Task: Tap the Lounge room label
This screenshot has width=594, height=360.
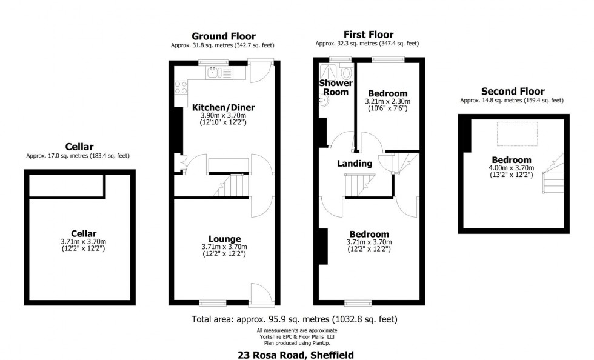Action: pyautogui.click(x=224, y=239)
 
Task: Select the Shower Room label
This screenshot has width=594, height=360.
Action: pyautogui.click(x=334, y=87)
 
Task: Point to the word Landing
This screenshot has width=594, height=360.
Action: pyautogui.click(x=355, y=164)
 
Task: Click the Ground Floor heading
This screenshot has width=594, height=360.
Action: pyautogui.click(x=223, y=36)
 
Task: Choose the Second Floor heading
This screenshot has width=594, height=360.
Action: pyautogui.click(x=512, y=92)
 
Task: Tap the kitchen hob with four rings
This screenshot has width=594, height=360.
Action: pyautogui.click(x=181, y=87)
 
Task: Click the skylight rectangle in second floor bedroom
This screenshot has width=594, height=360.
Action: pyautogui.click(x=516, y=131)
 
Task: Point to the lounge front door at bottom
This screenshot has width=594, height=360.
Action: pyautogui.click(x=262, y=295)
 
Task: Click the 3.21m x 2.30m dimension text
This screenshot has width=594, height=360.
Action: pyautogui.click(x=387, y=101)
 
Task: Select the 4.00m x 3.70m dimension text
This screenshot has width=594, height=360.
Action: pyautogui.click(x=513, y=168)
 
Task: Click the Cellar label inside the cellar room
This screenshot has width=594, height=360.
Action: pyautogui.click(x=83, y=233)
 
